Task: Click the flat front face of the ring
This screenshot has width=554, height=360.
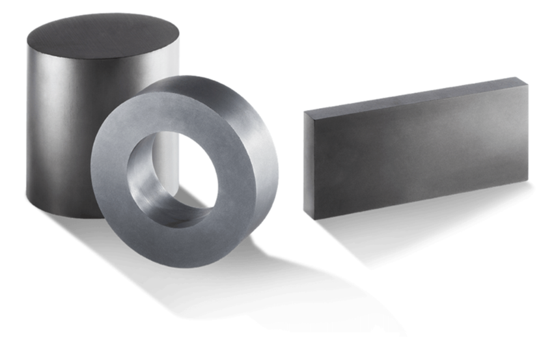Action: pos(117,195)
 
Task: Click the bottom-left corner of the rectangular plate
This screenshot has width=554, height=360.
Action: pos(316,217)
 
